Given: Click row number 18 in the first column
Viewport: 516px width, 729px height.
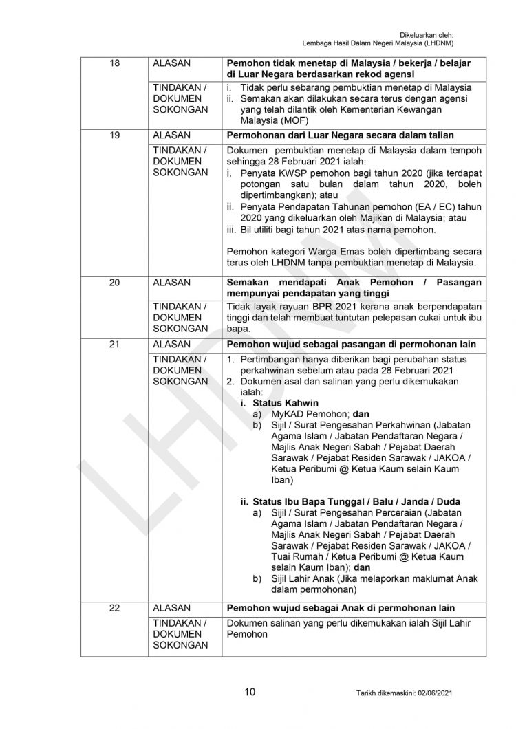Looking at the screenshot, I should click(x=115, y=63).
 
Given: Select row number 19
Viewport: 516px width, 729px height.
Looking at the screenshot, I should click(x=115, y=135).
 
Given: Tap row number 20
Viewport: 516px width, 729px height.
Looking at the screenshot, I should click(x=115, y=282).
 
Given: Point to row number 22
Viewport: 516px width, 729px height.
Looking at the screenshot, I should click(x=115, y=607).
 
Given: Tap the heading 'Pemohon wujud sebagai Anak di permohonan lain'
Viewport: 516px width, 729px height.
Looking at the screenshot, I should click(x=341, y=607).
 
